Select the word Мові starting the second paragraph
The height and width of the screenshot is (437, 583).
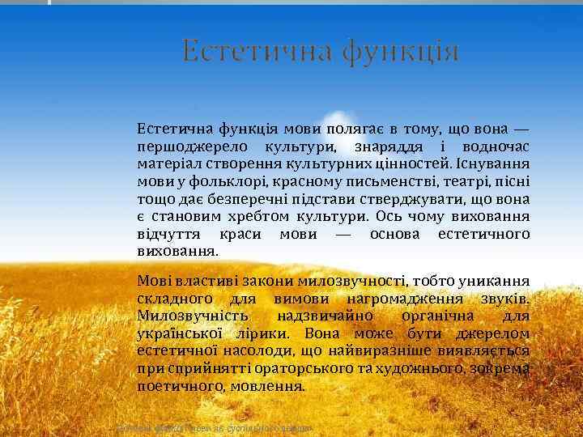pyautogui.click(x=153, y=281)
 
